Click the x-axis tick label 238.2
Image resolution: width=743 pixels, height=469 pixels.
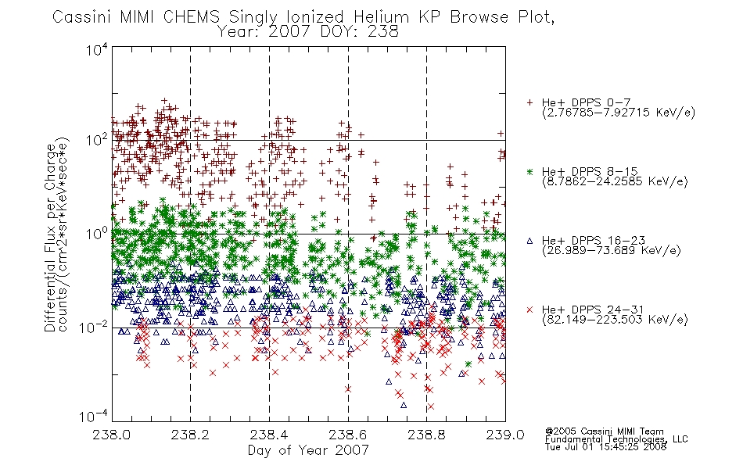point(191,435)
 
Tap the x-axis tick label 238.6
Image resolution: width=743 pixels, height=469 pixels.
point(348,435)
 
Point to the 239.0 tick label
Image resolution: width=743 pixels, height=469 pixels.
point(505,435)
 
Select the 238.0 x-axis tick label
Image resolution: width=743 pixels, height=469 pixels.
point(112,435)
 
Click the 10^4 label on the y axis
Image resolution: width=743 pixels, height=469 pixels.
point(97,49)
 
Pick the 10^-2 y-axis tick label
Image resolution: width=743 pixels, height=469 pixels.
point(95,327)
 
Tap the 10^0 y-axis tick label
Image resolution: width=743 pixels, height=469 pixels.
point(97,233)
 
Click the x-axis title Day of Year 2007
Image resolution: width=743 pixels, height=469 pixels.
point(308,450)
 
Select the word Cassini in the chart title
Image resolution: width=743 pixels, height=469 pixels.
point(82,17)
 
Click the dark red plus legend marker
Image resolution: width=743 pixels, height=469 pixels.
point(529,102)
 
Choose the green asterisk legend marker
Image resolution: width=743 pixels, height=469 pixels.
point(529,171)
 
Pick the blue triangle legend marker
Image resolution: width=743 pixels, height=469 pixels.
point(529,241)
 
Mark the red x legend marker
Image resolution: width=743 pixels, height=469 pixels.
point(529,310)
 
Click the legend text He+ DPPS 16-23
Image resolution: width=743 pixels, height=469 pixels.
point(594,241)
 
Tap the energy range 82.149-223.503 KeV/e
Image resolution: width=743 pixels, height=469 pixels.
point(616,320)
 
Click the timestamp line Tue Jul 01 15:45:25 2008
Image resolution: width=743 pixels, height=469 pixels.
point(605,446)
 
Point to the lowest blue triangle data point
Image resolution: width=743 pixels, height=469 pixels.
point(404,405)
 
